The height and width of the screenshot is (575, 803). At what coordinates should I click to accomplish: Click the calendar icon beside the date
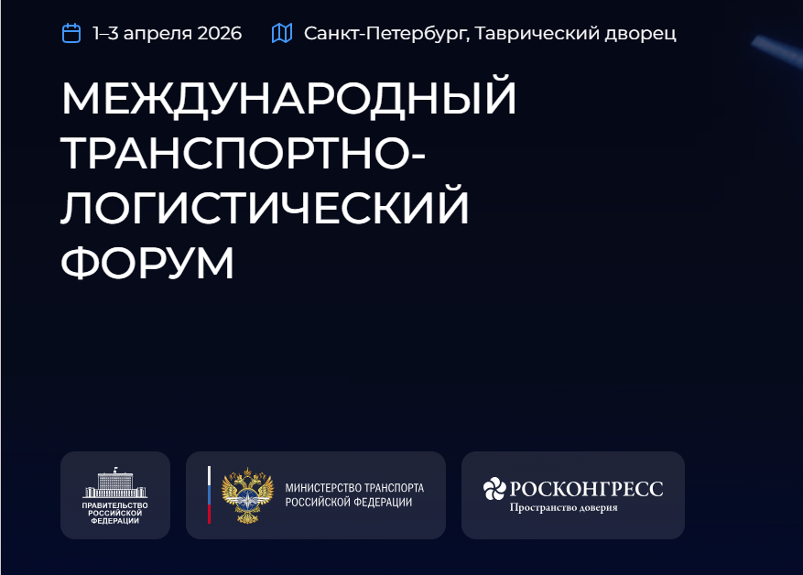pos(71,34)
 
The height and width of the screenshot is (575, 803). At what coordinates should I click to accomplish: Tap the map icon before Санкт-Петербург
pos(282,34)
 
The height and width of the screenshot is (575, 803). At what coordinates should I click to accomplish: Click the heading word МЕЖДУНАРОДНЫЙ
pos(289,100)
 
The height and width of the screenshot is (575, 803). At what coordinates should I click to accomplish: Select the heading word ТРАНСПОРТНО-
pos(244,154)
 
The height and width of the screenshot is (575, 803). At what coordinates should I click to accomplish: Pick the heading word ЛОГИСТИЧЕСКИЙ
pos(266,208)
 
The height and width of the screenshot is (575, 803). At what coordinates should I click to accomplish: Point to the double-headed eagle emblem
pos(248,495)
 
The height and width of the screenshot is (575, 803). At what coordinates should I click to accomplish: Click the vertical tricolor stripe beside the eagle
pos(209,495)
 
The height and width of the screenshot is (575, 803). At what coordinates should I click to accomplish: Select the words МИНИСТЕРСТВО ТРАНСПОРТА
pos(354,488)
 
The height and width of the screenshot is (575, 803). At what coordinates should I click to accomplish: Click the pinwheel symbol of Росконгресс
pos(494,490)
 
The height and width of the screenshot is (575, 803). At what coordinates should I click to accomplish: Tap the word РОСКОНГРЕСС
pos(586,489)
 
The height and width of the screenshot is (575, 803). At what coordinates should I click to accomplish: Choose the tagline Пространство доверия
pos(563,508)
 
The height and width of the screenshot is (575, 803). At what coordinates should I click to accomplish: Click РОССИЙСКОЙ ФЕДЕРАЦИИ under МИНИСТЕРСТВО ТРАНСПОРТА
pos(348,503)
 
